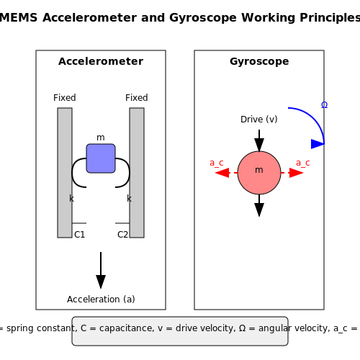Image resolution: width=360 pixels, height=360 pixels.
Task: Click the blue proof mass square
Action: (x=101, y=158)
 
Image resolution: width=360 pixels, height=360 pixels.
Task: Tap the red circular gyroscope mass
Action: (x=259, y=173)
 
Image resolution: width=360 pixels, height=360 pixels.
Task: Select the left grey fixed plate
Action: (x=65, y=173)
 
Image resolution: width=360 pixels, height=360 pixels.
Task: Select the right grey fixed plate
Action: (x=137, y=173)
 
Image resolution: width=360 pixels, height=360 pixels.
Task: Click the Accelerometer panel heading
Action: (x=101, y=61)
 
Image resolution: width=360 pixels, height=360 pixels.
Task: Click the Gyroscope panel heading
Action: (x=259, y=61)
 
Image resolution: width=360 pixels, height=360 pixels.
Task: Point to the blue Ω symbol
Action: (x=324, y=105)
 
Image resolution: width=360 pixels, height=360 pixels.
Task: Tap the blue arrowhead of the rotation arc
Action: (x=318, y=144)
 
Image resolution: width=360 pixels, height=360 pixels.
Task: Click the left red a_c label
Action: (x=217, y=163)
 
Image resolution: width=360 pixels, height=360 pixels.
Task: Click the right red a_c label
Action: (x=303, y=163)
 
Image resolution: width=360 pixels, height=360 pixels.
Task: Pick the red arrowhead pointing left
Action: (x=222, y=173)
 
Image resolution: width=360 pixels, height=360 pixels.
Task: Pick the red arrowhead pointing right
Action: (x=297, y=173)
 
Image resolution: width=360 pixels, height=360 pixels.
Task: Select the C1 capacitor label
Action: (x=80, y=235)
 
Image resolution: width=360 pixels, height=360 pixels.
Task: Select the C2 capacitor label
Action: (x=122, y=235)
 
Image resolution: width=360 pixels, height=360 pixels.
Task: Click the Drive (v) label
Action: (x=259, y=120)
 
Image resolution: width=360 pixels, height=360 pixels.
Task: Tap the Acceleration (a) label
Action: (x=101, y=300)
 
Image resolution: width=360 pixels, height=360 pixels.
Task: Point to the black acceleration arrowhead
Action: (x=101, y=282)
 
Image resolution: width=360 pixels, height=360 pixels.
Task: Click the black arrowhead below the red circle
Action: (x=259, y=210)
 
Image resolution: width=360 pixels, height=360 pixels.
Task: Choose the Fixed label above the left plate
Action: (x=65, y=98)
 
